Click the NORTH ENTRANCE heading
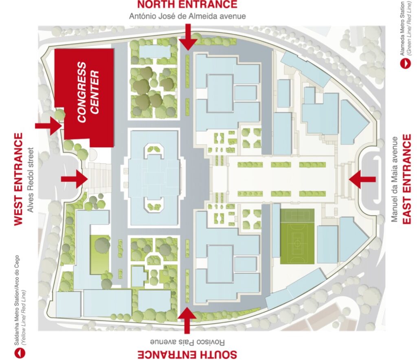coord(187,5)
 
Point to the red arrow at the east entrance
coord(362,179)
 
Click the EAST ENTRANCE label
coord(407,179)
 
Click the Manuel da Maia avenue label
coord(394,179)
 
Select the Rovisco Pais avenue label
coord(187,342)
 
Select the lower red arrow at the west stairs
coord(75,179)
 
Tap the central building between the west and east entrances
coord(154,177)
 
